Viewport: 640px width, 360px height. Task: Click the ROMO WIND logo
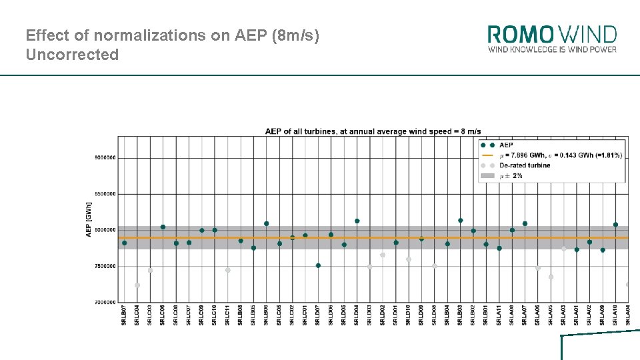pyautogui.click(x=552, y=39)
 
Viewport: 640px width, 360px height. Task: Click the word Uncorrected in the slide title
pyautogui.click(x=72, y=55)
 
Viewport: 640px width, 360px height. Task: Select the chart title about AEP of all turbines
pyautogui.click(x=373, y=131)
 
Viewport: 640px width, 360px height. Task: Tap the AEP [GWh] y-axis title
pyautogui.click(x=89, y=219)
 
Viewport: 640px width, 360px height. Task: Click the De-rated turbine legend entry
pyautogui.click(x=525, y=165)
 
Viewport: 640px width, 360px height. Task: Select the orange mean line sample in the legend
pyautogui.click(x=487, y=155)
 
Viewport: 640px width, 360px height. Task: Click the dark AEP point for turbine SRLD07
pyautogui.click(x=318, y=265)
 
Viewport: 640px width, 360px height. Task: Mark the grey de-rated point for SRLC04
pyautogui.click(x=137, y=285)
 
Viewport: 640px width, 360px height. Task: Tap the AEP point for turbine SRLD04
pyautogui.click(x=357, y=221)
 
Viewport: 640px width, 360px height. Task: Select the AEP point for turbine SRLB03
pyautogui.click(x=461, y=220)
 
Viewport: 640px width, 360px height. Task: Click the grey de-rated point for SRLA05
pyautogui.click(x=551, y=277)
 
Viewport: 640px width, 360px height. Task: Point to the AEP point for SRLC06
pyautogui.click(x=163, y=227)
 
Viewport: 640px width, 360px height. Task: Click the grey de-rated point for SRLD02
pyautogui.click(x=383, y=255)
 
